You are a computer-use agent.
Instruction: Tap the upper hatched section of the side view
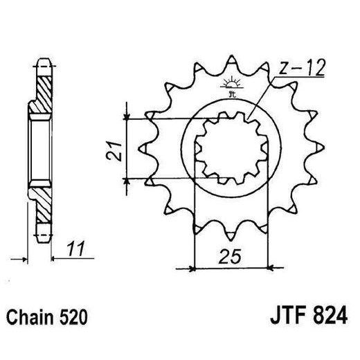click(x=42, y=87)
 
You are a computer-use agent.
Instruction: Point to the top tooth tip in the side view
click(x=42, y=60)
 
